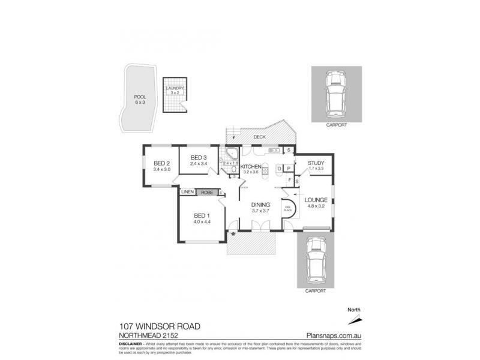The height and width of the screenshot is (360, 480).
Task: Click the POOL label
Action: click(140, 97)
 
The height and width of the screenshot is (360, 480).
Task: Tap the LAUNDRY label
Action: click(175, 89)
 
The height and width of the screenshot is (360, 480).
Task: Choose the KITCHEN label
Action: click(251, 166)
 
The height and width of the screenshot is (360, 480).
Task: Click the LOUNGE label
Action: click(315, 200)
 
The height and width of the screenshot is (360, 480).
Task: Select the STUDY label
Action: click(316, 163)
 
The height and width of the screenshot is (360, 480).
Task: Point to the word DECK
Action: click(259, 137)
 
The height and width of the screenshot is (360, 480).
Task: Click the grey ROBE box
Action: click(207, 192)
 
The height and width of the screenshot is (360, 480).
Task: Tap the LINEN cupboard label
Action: click(187, 192)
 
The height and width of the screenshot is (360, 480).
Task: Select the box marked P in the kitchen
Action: click(289, 169)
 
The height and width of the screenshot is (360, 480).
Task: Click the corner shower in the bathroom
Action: click(230, 152)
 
